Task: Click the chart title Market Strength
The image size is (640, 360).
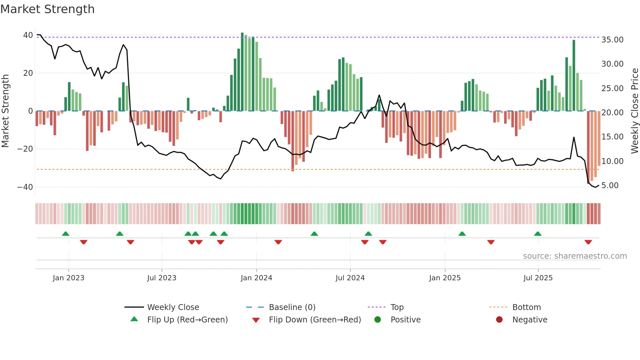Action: coord(47,9)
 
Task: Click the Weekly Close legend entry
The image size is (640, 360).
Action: coord(173,307)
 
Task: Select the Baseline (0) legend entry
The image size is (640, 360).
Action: coord(292,307)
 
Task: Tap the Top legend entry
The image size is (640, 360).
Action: coord(397,307)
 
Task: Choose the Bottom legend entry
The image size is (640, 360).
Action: coord(526,307)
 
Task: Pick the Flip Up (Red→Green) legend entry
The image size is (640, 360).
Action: coord(187,319)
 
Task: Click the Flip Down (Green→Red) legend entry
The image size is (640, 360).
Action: coord(315,319)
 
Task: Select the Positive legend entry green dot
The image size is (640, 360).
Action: coord(378,319)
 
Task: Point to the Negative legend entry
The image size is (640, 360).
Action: coord(530,319)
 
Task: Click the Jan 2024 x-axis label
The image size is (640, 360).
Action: coord(256,278)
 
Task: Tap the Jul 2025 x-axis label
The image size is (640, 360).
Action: coord(538,278)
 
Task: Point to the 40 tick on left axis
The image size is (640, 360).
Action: coord(28,35)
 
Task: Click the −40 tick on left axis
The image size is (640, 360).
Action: coord(25,187)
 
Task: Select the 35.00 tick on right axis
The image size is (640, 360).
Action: coord(612,40)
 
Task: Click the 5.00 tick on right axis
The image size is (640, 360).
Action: coord(610,185)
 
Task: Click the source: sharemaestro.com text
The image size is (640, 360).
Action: coord(575,256)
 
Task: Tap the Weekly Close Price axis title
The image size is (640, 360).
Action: coord(634,111)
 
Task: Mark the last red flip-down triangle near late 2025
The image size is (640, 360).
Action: coord(588,242)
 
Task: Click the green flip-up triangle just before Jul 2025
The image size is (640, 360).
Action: coord(537,234)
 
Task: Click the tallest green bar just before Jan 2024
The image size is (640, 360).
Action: coord(242,72)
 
